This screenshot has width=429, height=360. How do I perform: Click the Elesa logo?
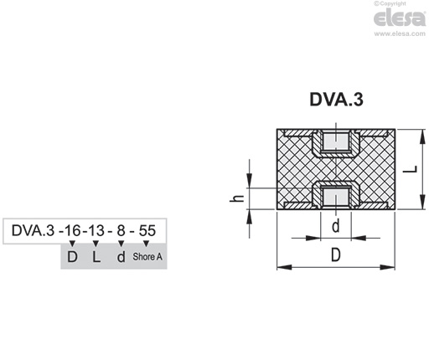[400, 18]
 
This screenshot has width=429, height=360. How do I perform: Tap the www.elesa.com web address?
[400, 33]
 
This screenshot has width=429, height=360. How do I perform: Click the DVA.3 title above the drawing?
[336, 100]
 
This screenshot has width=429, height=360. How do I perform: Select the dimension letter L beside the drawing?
[411, 169]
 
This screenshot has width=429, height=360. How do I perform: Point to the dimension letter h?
[237, 198]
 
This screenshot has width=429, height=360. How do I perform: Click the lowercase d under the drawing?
[336, 226]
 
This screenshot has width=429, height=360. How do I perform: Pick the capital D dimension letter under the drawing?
[336, 255]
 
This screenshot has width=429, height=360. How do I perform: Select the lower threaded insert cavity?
[336, 197]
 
